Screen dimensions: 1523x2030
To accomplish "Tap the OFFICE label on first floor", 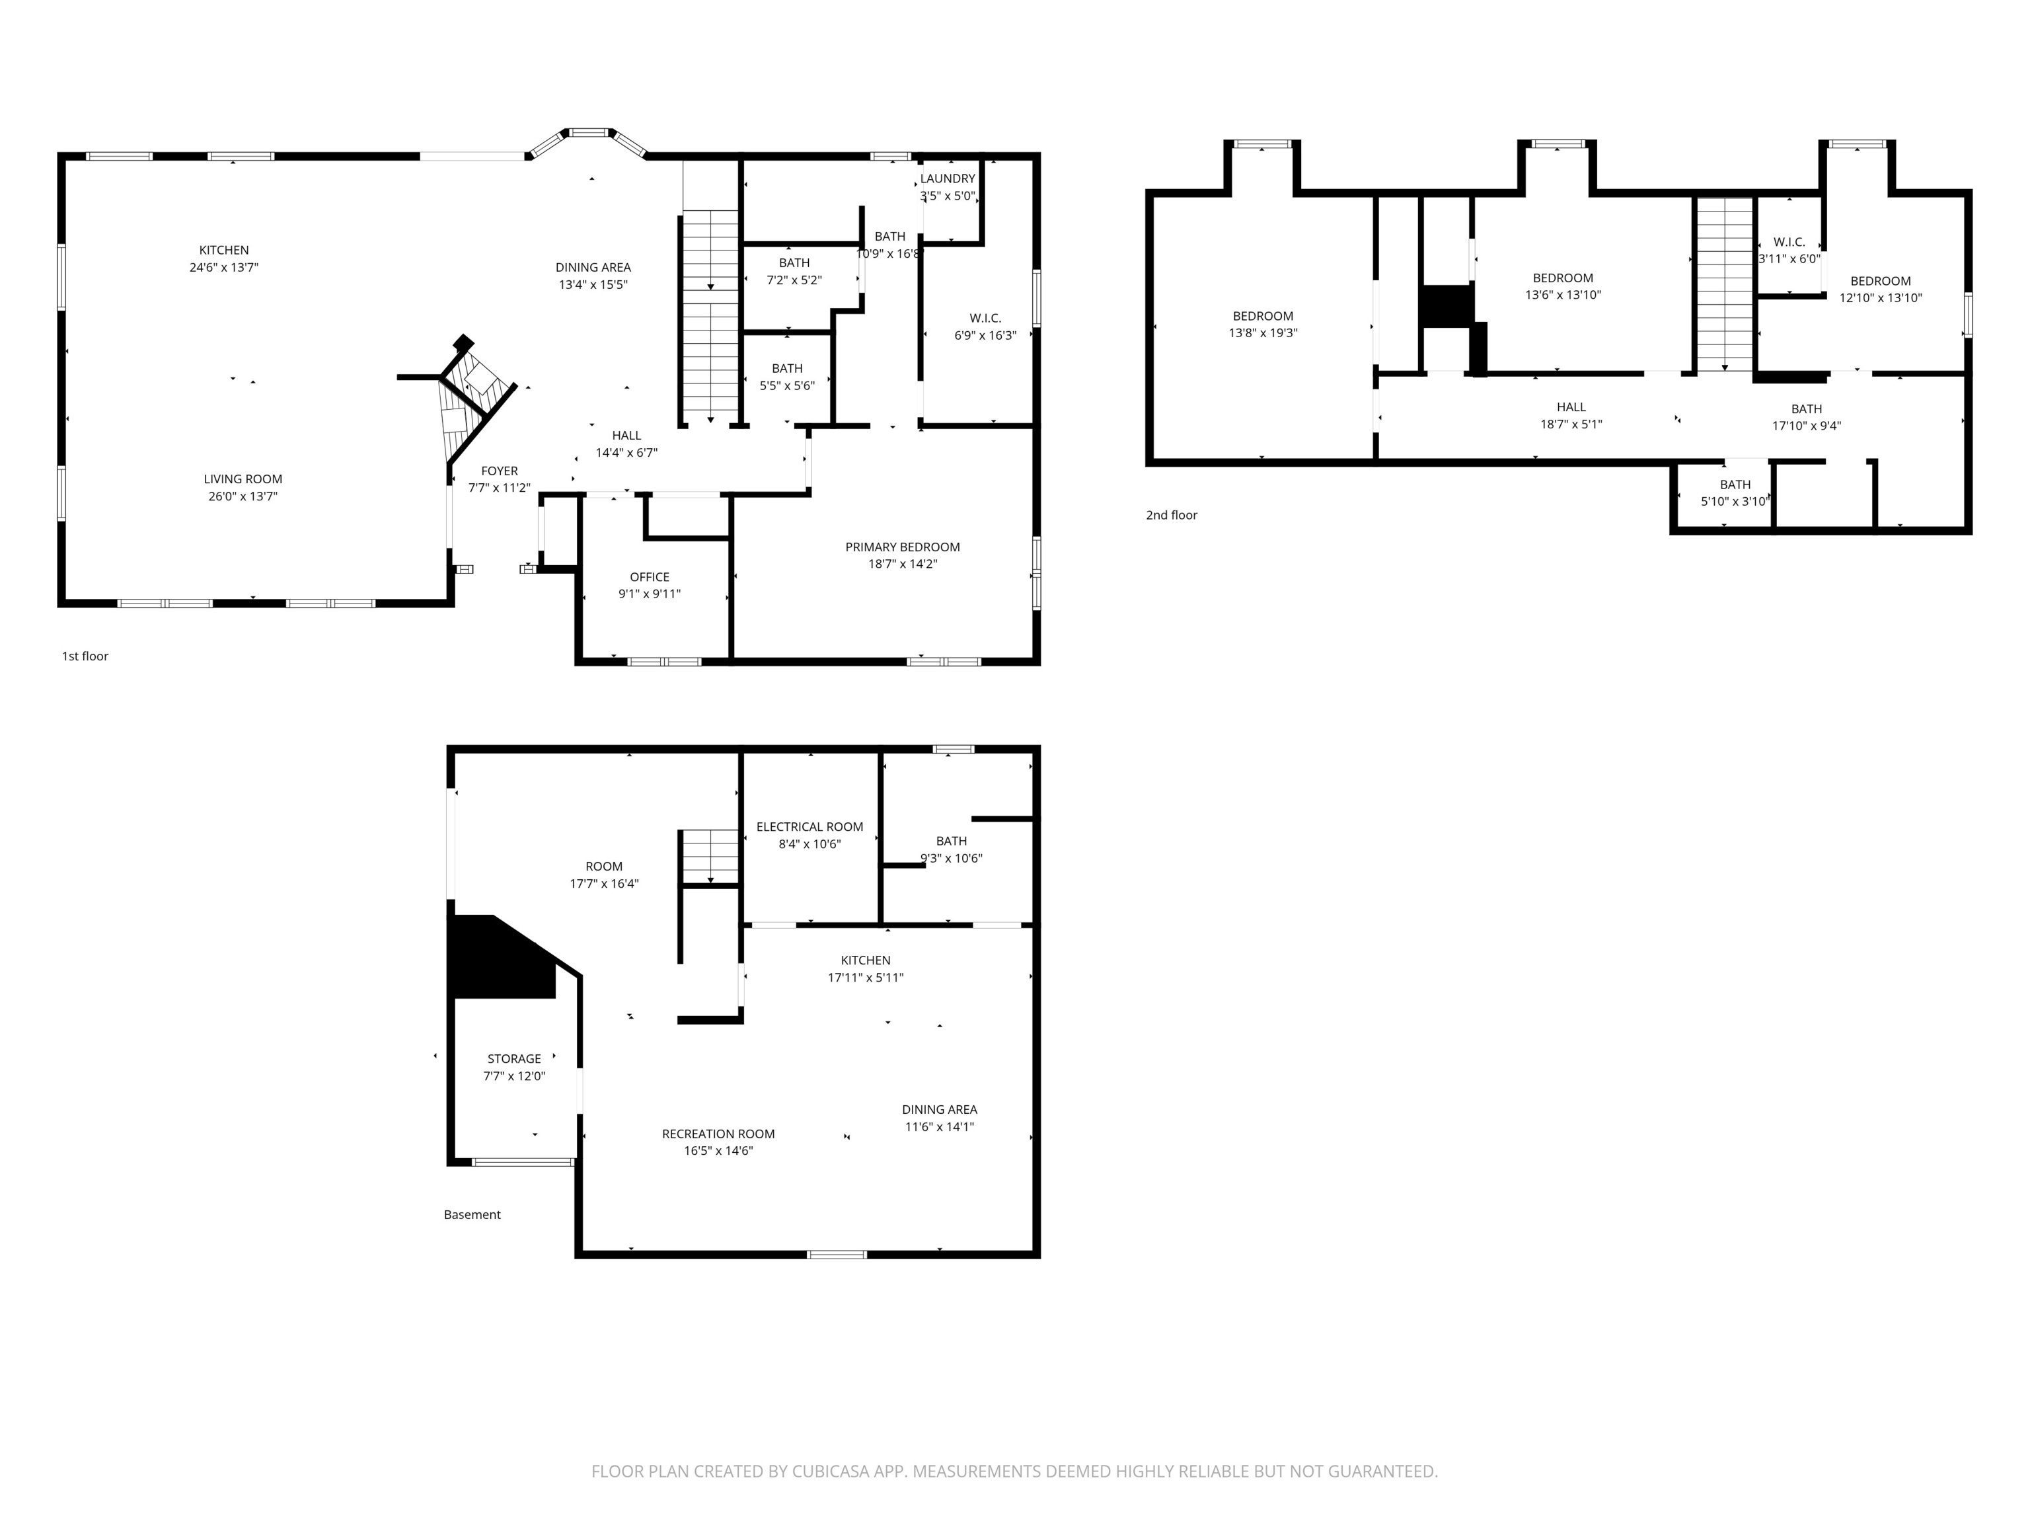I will tap(649, 576).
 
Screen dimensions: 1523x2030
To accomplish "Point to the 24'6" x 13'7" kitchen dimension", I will tap(224, 267).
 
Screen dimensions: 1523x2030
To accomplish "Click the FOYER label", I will tap(500, 470).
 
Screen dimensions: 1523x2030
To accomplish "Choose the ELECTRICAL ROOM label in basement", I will tap(809, 826).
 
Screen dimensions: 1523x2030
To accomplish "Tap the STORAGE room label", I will tap(514, 1058).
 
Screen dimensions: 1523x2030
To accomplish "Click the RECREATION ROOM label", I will tap(718, 1133).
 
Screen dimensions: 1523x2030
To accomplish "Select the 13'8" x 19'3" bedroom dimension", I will tap(1262, 332).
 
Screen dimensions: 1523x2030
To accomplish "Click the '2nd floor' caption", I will tap(1171, 515).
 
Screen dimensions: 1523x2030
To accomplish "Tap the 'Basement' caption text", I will tap(472, 1214).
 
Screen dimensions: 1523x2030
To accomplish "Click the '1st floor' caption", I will tap(85, 656).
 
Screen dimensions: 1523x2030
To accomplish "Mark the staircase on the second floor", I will tap(1725, 285).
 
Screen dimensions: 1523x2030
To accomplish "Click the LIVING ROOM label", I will tap(243, 479).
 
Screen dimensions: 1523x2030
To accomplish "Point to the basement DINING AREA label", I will tap(939, 1109).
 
